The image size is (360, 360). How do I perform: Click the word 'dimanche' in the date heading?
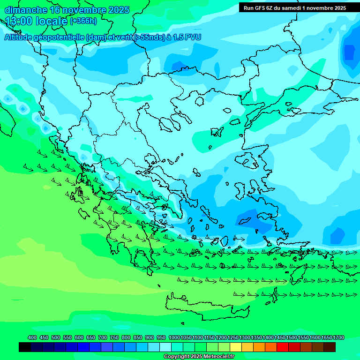[26, 10]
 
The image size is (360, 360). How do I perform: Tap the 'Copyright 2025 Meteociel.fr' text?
[199, 356]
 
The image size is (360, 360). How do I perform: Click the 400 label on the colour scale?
[32, 337]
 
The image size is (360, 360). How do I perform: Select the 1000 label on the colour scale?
[174, 337]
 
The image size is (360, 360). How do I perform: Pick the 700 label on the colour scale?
[103, 337]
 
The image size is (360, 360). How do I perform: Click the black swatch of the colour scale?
[25, 347]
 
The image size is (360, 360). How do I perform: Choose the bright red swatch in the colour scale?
[283, 347]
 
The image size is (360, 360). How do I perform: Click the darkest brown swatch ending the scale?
[330, 347]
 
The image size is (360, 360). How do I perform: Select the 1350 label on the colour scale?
[256, 337]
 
